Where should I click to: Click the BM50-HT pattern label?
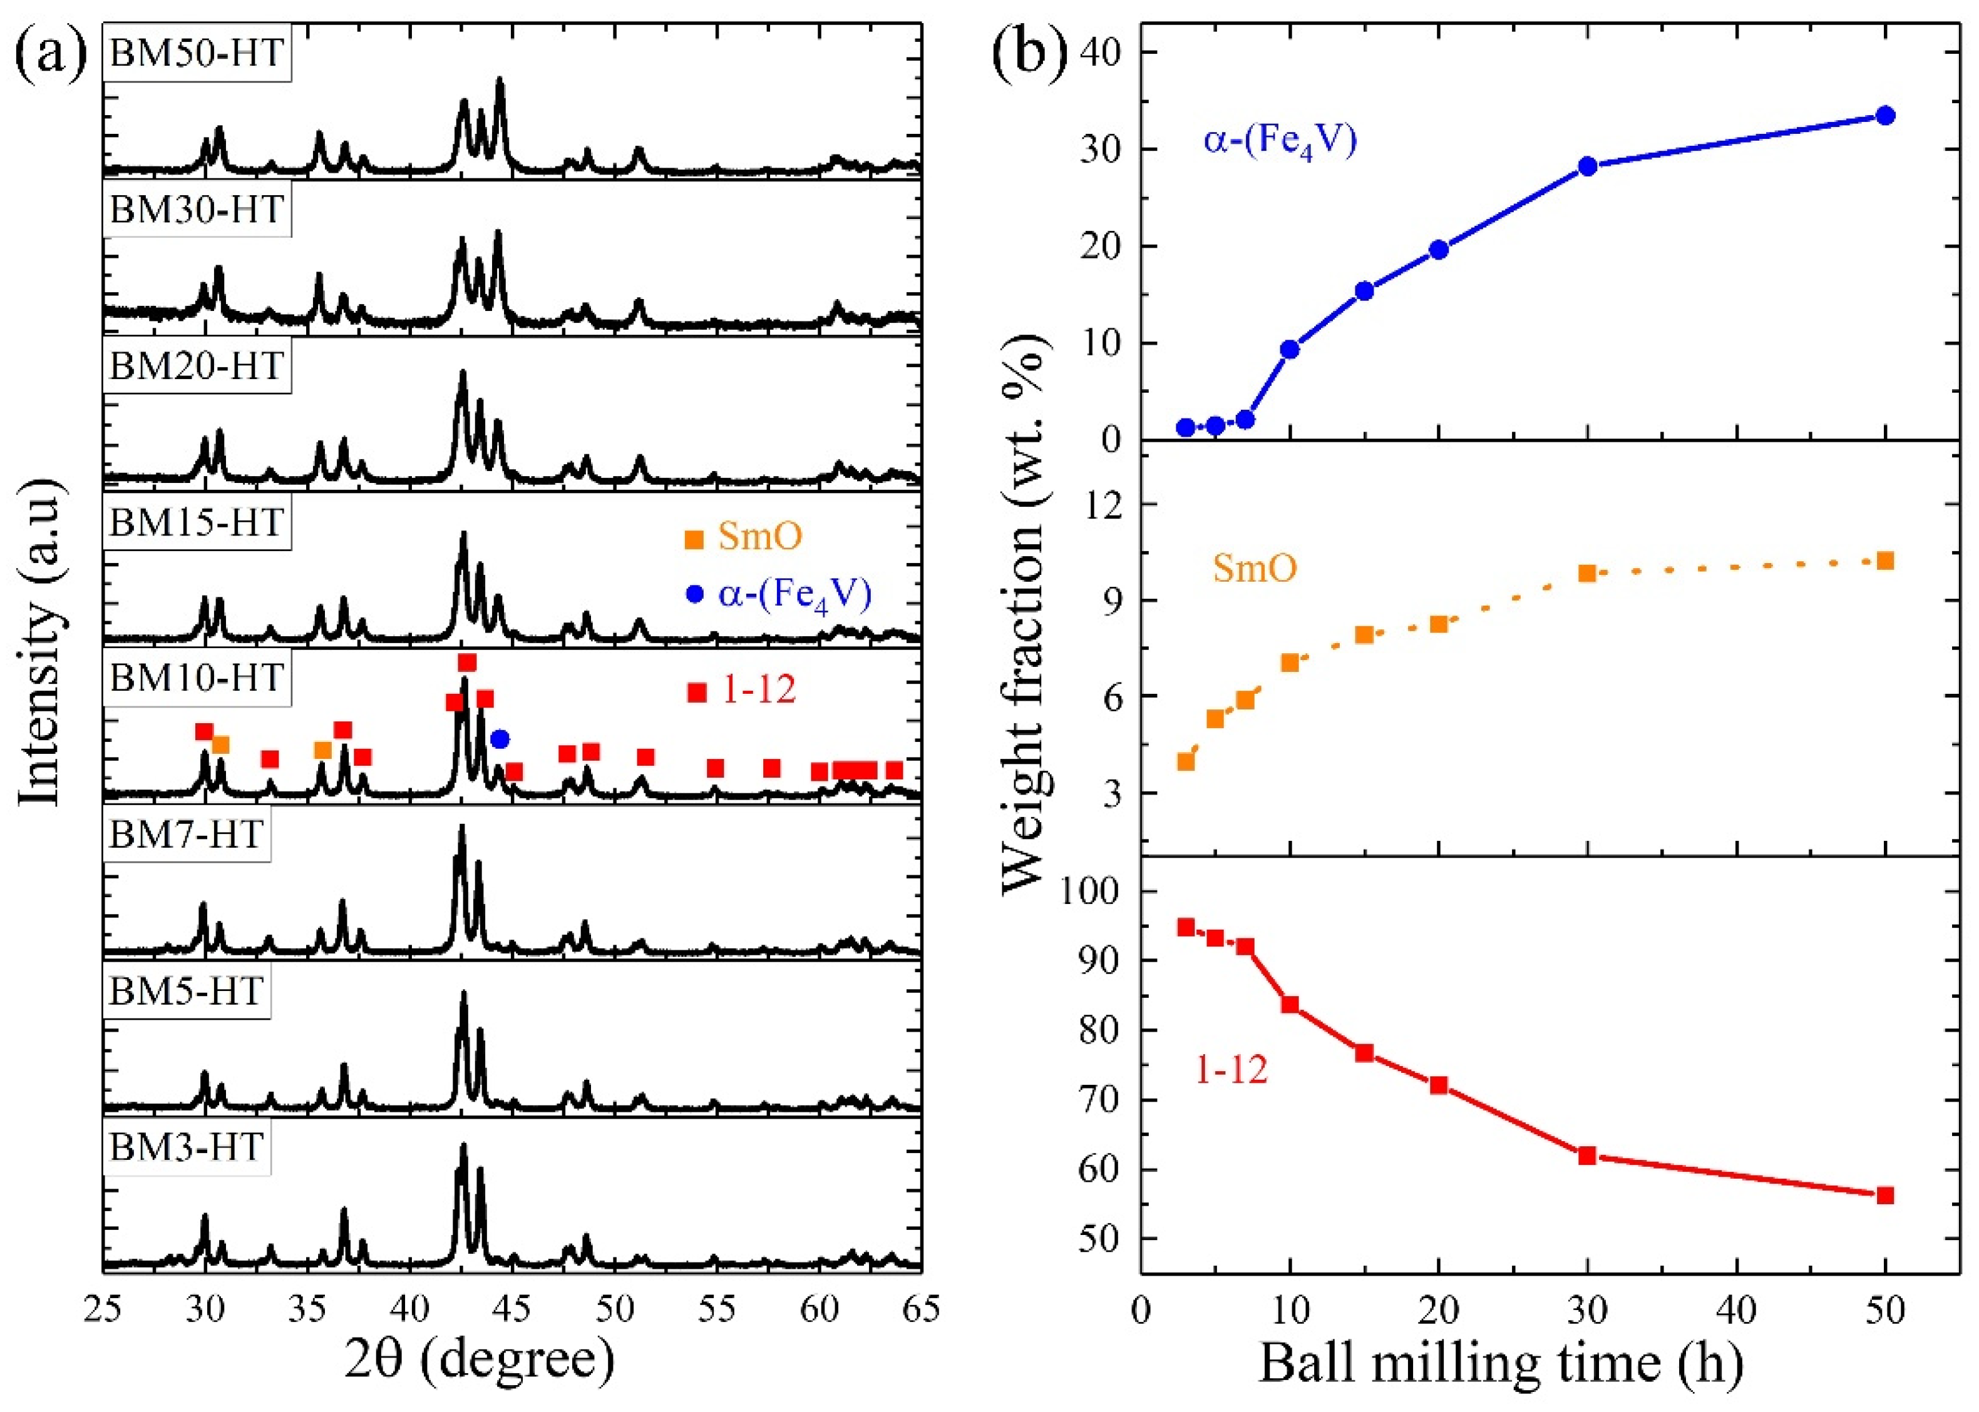197,54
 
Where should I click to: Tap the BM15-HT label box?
197,522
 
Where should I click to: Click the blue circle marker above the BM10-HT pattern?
500,739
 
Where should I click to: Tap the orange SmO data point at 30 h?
1588,573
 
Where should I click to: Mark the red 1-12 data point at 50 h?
1885,1196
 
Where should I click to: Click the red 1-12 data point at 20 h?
1439,1085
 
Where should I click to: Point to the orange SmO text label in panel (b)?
1255,568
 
